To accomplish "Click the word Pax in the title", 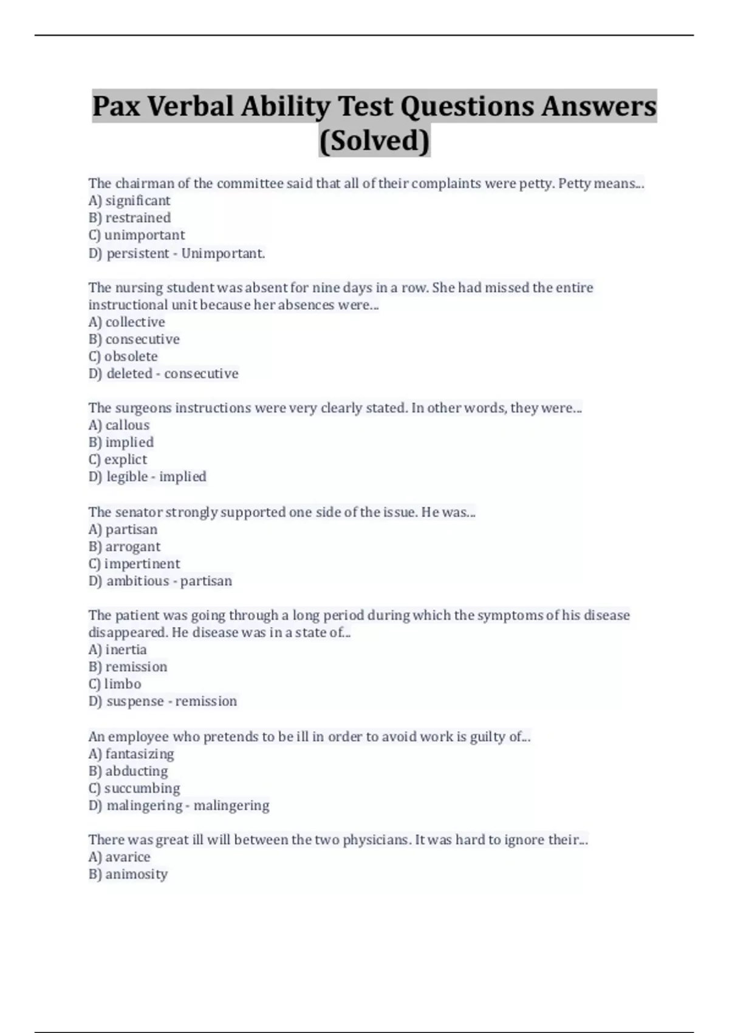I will [117, 106].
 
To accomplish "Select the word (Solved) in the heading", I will [374, 140].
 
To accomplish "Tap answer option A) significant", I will [129, 201].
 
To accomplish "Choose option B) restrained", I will [129, 218].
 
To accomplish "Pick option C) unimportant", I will [137, 235].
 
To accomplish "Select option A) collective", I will [126, 322].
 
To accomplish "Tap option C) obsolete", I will [123, 356].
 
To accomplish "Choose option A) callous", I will [118, 425].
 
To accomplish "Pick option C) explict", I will [118, 459].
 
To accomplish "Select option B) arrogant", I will [125, 547].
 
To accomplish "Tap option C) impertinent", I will [134, 564].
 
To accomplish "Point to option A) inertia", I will [117, 650].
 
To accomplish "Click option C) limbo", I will [115, 684].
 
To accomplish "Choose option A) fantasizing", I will [131, 754].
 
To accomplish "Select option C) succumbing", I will [134, 788].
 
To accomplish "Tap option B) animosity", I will [128, 874].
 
